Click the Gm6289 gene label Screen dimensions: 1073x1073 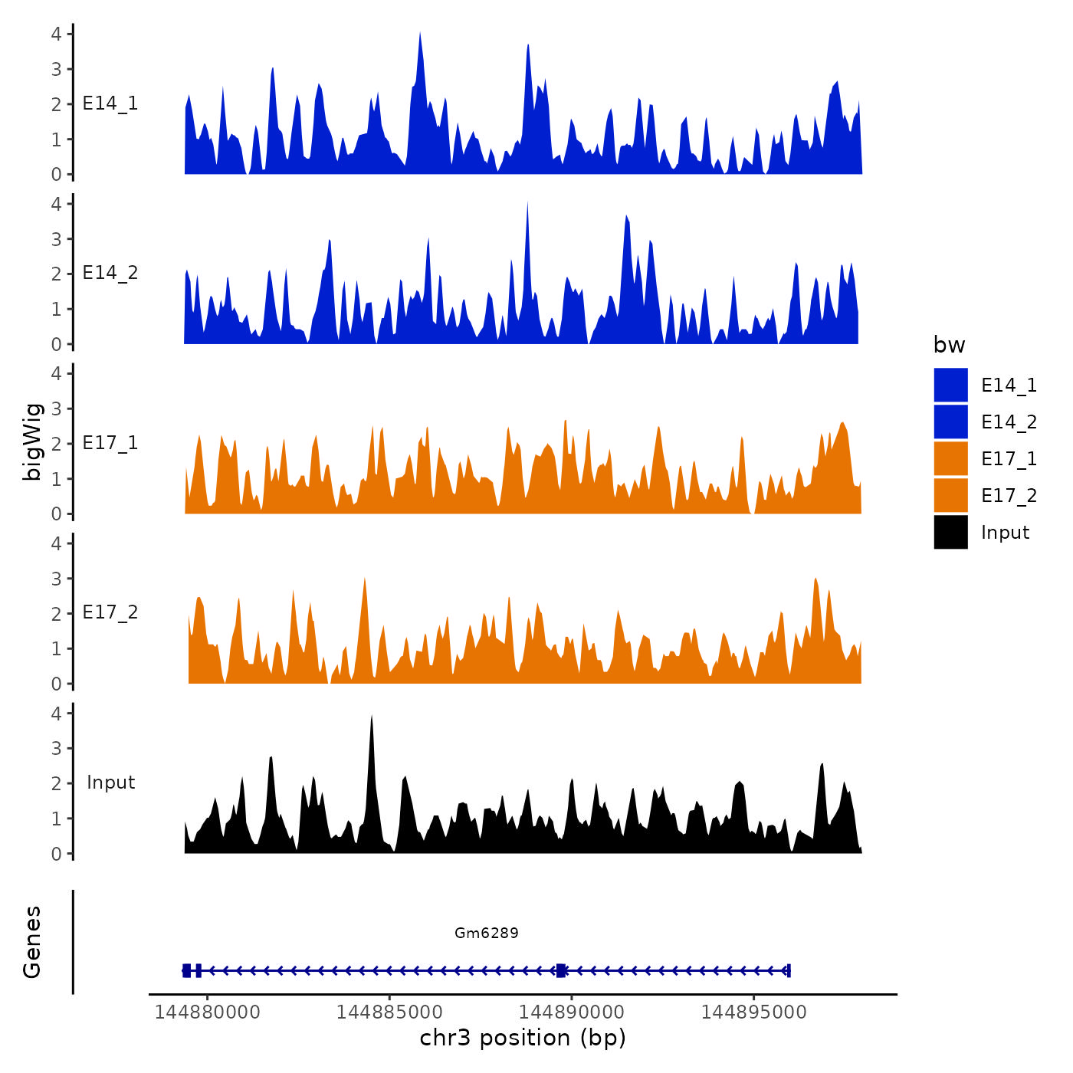coord(486,933)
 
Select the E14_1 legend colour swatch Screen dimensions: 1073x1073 coord(950,385)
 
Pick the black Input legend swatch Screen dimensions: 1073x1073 coord(950,532)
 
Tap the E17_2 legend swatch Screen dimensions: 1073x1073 coord(950,495)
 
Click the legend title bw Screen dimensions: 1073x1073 coord(949,345)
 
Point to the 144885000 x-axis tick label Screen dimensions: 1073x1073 coord(389,1012)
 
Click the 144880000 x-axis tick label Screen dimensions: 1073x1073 coord(208,1012)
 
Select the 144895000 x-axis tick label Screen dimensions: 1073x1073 coord(753,1012)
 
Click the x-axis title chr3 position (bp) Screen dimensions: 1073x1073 coord(523,1038)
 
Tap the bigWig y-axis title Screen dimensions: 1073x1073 coord(32,441)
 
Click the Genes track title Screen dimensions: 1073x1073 coord(32,942)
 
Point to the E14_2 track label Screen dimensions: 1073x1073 coord(110,273)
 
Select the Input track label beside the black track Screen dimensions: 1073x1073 coord(110,782)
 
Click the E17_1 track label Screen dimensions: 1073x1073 coord(110,443)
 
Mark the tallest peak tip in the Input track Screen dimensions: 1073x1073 coord(372,717)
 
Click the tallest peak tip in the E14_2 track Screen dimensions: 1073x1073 coord(527,203)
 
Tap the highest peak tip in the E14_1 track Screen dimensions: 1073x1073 coord(420,34)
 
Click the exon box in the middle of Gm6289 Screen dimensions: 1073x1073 coord(561,970)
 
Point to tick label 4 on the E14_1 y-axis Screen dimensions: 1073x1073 coord(57,34)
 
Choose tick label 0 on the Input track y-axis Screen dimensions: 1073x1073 coord(57,854)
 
